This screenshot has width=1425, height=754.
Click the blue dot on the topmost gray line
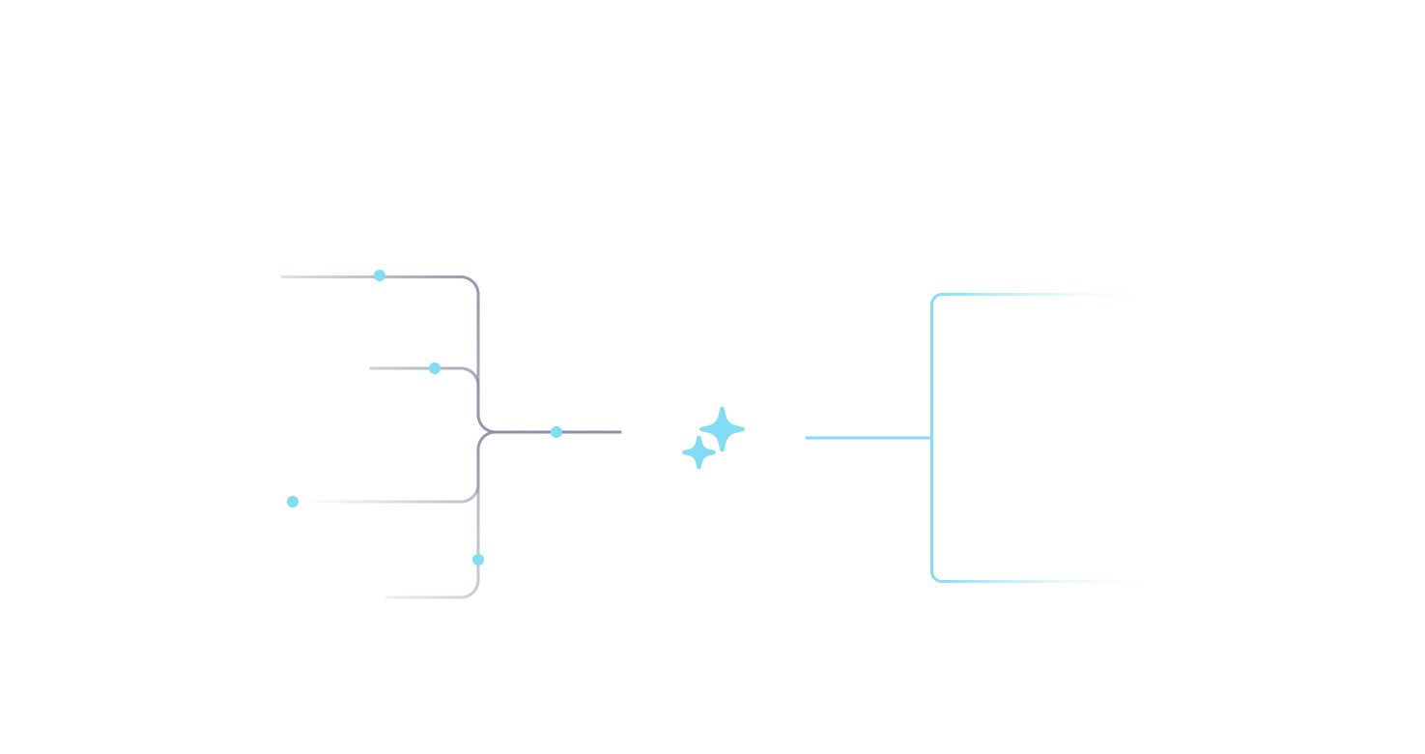[380, 275]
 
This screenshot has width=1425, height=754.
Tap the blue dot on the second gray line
[435, 368]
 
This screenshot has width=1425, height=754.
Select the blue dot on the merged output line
[556, 432]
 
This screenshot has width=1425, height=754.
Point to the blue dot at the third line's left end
[293, 502]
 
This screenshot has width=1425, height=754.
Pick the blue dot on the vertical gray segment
[478, 560]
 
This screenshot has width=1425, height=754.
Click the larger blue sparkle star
[723, 428]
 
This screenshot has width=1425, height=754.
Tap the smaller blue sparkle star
[698, 452]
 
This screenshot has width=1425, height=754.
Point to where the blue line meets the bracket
[932, 438]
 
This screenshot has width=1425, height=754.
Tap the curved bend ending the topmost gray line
[474, 281]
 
